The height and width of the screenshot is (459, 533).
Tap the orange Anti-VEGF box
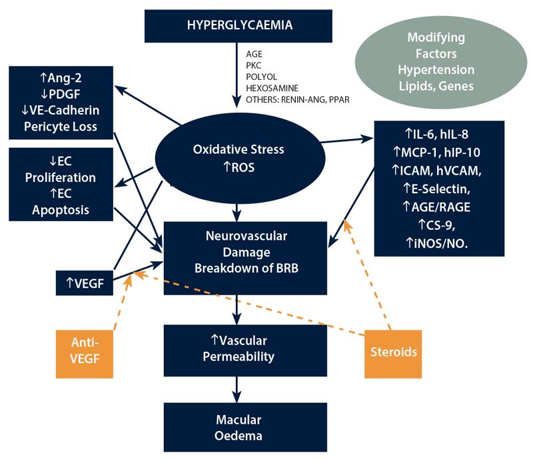[x=85, y=350]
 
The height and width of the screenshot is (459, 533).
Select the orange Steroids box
[x=393, y=350]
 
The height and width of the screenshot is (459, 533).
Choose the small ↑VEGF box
[x=83, y=282]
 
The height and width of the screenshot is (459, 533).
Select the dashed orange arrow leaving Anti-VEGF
[x=120, y=306]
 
